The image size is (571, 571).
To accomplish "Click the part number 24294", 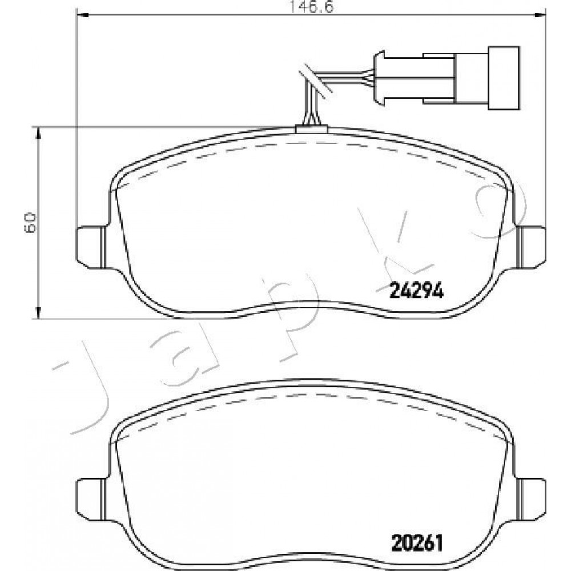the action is [x=416, y=291].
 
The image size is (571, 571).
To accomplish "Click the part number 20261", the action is [x=417, y=544].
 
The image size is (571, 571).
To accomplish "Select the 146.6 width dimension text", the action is [x=311, y=6].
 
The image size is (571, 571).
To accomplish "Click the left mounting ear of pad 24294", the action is [x=91, y=248].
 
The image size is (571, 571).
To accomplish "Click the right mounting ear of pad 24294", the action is [x=532, y=248].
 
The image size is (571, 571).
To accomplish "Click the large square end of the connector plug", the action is [x=504, y=78].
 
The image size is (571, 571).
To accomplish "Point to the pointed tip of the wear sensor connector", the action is [x=379, y=78].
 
